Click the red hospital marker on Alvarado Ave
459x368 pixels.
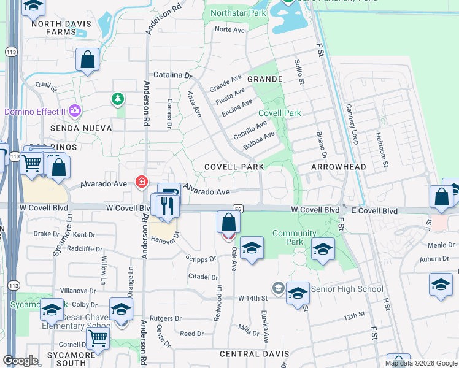point(142,182)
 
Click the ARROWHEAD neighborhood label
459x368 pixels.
point(339,167)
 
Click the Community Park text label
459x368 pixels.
point(294,234)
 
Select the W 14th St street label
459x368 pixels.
point(253,298)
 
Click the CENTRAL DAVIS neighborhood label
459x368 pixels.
point(250,354)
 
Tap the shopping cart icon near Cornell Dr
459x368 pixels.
point(98,337)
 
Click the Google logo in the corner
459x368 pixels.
point(20,361)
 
